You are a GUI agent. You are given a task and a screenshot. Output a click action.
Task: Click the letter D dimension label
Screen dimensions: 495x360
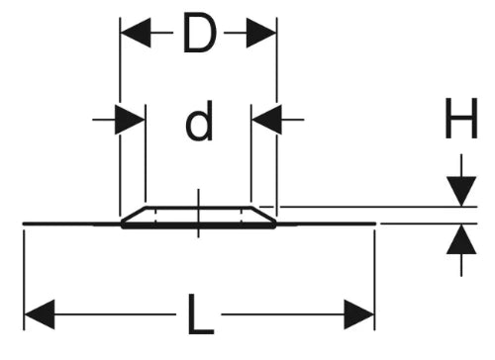click(x=199, y=33)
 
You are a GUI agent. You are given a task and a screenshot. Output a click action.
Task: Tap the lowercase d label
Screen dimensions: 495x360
click(x=199, y=121)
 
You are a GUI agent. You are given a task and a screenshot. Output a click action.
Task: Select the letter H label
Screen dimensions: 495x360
click(x=461, y=118)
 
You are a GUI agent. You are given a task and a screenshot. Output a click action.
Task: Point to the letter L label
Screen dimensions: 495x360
click(x=200, y=315)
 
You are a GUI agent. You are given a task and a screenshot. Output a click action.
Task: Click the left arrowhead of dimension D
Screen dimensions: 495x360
click(x=136, y=33)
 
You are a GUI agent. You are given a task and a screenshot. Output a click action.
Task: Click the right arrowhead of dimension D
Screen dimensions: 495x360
click(x=260, y=33)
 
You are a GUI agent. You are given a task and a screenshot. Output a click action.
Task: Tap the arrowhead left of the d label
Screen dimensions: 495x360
click(x=130, y=120)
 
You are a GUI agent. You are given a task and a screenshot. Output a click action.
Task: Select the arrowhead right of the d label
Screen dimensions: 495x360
click(x=266, y=120)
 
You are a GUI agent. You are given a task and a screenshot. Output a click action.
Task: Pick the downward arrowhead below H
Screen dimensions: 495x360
click(x=461, y=192)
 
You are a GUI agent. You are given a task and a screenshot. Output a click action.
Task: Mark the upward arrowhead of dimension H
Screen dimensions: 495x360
click(x=461, y=239)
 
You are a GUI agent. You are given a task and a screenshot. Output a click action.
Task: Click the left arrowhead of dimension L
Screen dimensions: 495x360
click(x=40, y=315)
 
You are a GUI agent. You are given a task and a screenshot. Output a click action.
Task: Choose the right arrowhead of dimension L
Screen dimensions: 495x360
click(x=359, y=315)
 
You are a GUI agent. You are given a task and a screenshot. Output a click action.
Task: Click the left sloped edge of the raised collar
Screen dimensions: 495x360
click(x=134, y=215)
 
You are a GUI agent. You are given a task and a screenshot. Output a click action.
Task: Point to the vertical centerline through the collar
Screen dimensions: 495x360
click(x=198, y=214)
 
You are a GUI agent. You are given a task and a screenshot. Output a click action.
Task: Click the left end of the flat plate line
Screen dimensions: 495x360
click(x=24, y=224)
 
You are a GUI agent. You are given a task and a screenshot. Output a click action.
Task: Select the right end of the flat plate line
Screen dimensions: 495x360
click(x=375, y=224)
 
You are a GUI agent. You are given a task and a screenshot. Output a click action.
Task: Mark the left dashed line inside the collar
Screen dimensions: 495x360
click(x=155, y=217)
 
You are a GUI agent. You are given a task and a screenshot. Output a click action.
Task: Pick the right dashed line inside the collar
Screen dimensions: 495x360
click(x=242, y=217)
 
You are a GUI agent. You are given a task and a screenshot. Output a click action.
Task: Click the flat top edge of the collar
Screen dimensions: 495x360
click(x=199, y=208)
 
